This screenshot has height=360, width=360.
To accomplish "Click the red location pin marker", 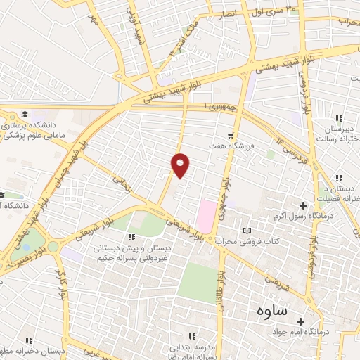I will (181, 164).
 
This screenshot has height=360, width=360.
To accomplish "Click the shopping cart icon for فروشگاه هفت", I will (231, 134).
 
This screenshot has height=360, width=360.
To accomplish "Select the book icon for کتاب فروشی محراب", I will (246, 231).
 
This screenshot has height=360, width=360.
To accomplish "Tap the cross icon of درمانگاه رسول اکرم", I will (303, 205).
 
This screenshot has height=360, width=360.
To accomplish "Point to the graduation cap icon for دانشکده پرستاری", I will (25, 115).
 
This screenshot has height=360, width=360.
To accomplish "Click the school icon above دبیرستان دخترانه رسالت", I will (340, 118).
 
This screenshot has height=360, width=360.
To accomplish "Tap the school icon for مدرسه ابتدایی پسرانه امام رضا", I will (192, 336).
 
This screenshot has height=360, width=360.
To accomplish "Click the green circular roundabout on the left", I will (53, 246).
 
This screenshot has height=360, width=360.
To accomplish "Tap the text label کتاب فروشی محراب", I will (276, 241).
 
